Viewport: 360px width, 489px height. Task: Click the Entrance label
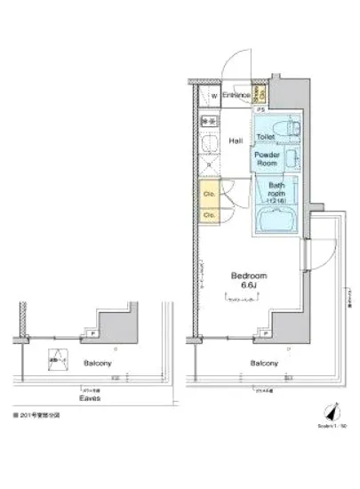tap(235, 94)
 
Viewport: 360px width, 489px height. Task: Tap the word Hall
tap(236, 140)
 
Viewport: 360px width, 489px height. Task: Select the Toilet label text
tap(265, 136)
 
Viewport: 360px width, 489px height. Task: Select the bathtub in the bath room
tap(276, 221)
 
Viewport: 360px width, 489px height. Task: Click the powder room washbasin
tap(292, 160)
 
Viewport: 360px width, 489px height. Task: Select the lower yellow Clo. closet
tap(209, 214)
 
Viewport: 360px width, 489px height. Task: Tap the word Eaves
tap(88, 398)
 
